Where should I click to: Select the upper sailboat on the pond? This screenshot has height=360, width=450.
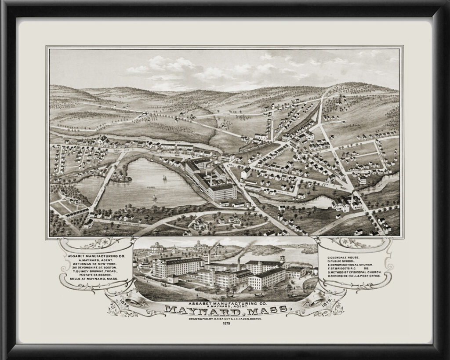tap(165, 178)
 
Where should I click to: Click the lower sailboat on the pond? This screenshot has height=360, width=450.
tap(155, 198)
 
